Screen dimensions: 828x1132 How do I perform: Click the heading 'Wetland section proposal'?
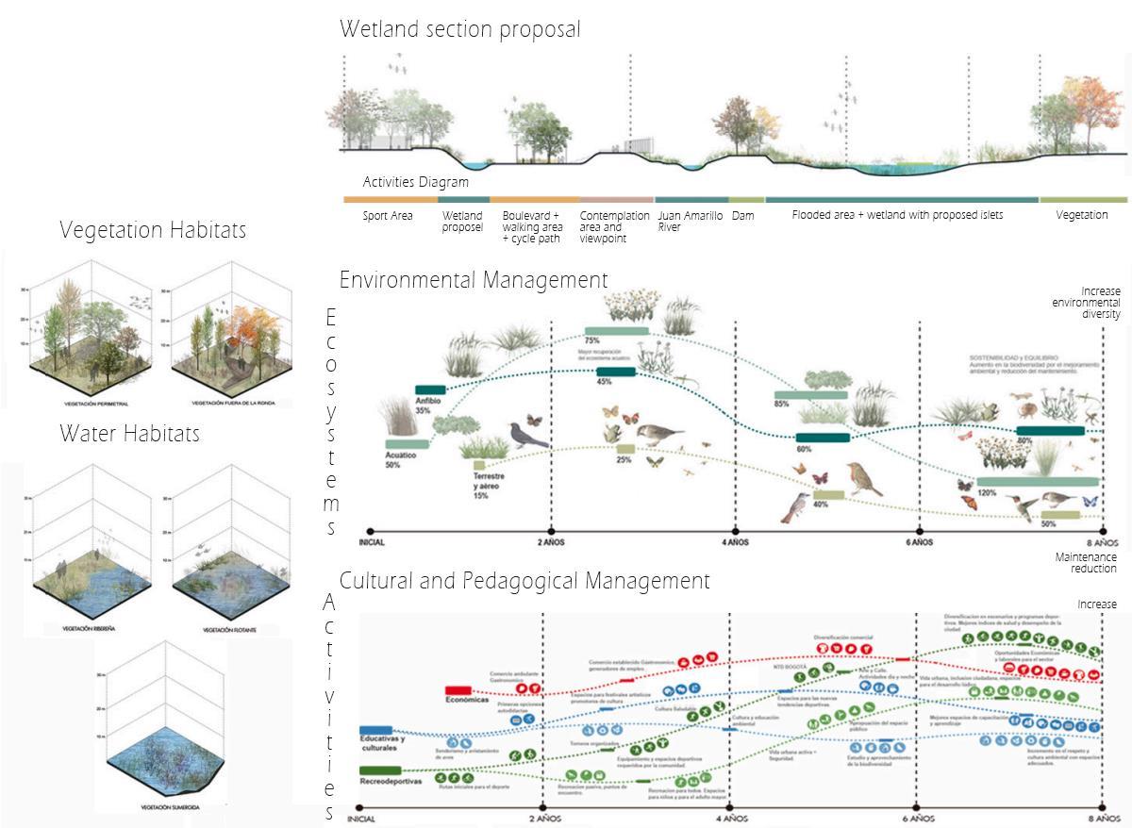[459, 30]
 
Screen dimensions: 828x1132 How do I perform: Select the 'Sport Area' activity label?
[388, 216]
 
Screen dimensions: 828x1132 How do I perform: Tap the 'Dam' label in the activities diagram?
[742, 216]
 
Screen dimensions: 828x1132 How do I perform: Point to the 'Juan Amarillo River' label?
[690, 221]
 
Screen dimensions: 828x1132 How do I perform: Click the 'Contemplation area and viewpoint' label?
[614, 226]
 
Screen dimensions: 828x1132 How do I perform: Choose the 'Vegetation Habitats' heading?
[153, 230]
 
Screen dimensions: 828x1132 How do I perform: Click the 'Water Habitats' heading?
[129, 434]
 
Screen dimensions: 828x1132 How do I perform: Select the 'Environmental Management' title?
[474, 280]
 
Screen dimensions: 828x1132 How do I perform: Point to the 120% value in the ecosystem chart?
[987, 493]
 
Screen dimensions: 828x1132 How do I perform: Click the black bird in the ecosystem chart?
[528, 435]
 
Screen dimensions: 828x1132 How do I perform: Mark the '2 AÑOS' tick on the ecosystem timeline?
[551, 543]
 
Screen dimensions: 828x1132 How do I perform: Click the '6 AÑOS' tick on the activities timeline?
[916, 819]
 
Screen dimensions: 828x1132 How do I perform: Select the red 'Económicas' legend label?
[467, 700]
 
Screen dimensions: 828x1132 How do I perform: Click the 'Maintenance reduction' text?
[1086, 563]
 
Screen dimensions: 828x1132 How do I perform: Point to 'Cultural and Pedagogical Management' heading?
[524, 581]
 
